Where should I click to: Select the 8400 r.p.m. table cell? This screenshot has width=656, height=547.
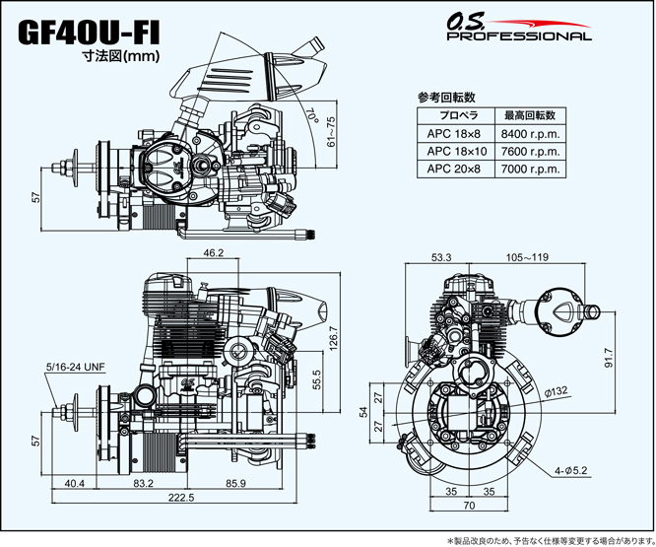[529, 134]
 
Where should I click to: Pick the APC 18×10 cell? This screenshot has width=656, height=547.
[457, 152]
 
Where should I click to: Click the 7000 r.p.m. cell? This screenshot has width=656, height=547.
[529, 169]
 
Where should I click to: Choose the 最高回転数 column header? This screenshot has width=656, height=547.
[529, 116]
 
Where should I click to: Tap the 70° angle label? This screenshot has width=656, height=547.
[314, 120]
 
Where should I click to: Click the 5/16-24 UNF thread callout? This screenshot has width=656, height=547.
[75, 367]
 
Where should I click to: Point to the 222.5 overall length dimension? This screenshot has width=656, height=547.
[181, 498]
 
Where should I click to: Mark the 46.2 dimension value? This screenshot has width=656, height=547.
[213, 253]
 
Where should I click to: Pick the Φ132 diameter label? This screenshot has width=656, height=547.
[556, 392]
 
